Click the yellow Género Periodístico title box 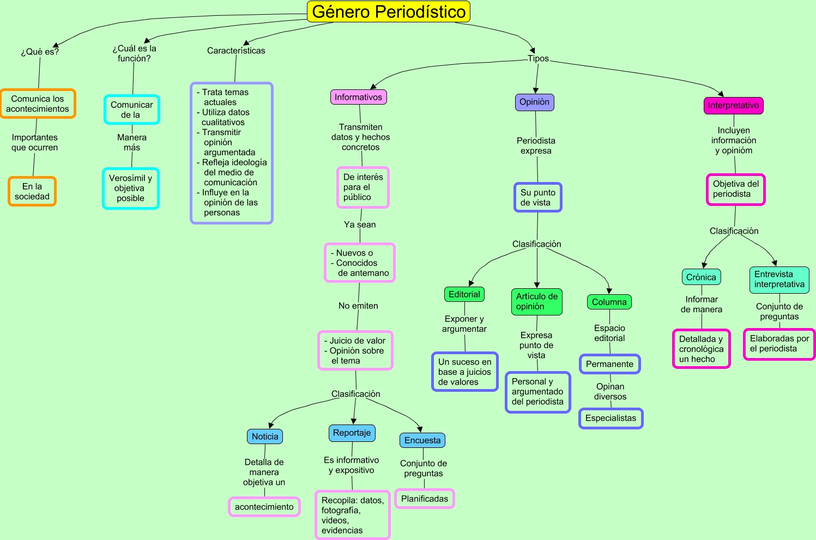click(x=389, y=12)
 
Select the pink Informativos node click(x=358, y=97)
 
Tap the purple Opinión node click(x=534, y=102)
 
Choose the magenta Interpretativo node click(x=733, y=106)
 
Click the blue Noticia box click(x=265, y=436)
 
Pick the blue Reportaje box click(x=352, y=433)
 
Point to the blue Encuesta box click(x=422, y=440)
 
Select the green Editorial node click(x=464, y=294)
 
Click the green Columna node click(x=609, y=302)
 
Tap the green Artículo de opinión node click(x=537, y=301)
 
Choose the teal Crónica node click(x=701, y=277)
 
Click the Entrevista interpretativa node click(x=779, y=280)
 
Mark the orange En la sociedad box click(x=32, y=191)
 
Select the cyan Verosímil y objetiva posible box click(x=131, y=189)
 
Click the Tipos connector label click(x=538, y=59)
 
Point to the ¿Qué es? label click(x=40, y=52)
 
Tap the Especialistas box click(x=611, y=418)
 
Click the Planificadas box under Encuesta click(x=424, y=499)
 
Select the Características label click(x=236, y=51)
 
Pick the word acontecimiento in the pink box click(x=264, y=507)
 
